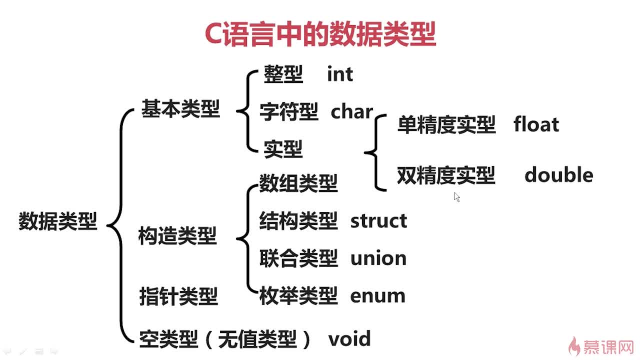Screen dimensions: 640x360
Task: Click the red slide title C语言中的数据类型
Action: pos(320,34)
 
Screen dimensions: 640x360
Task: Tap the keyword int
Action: pos(340,74)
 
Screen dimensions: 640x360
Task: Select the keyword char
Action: pos(351,112)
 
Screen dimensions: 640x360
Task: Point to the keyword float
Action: pos(536,124)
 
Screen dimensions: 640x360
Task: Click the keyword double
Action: pos(558,175)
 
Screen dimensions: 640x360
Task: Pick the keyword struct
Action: pos(378,220)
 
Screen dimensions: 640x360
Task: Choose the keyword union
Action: pos(378,258)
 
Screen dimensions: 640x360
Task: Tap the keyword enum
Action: pos(377,296)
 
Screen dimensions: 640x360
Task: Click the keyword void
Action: pos(349,339)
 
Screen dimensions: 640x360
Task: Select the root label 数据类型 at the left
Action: pos(57,221)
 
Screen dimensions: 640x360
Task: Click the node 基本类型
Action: pos(180,108)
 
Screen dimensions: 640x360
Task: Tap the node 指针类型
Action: pos(178,296)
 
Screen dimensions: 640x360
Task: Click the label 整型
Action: pos(283,74)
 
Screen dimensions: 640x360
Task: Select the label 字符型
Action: pos(289,112)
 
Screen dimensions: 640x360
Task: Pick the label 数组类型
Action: pos(298,183)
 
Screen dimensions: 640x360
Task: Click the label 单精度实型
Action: pos(446,124)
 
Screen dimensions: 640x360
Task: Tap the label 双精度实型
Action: pos(446,175)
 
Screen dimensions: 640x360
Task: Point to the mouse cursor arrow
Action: pos(456,196)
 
